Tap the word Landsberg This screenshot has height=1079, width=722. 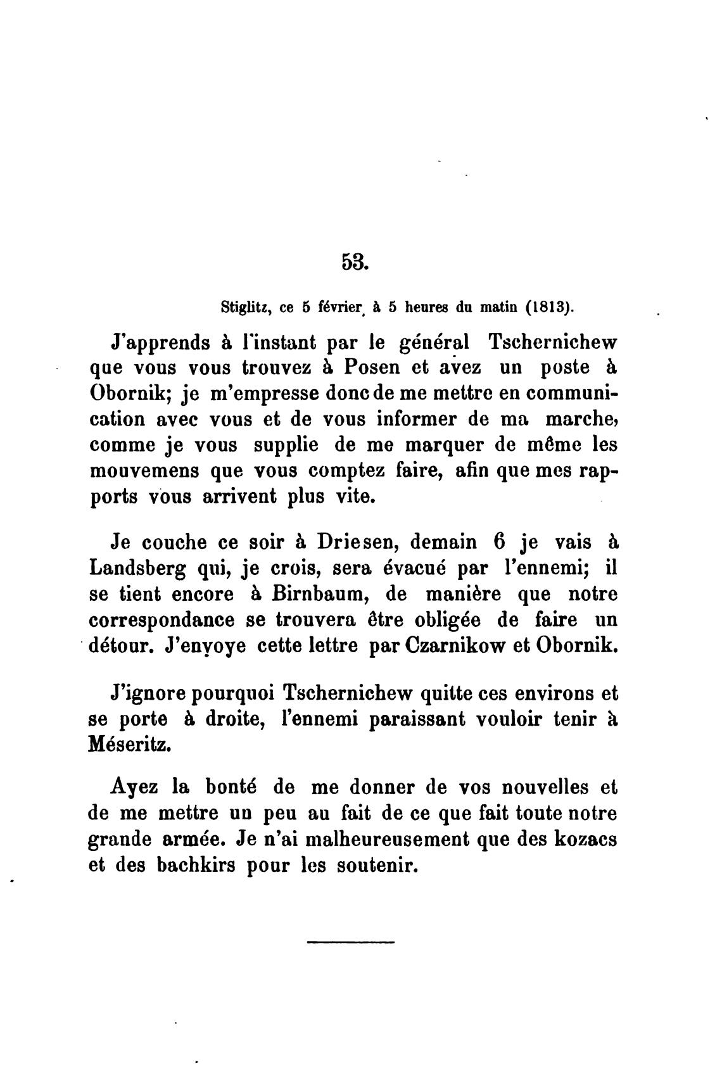(137, 569)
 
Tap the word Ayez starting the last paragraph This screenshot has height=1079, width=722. (134, 789)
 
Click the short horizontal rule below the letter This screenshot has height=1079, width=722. (350, 942)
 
